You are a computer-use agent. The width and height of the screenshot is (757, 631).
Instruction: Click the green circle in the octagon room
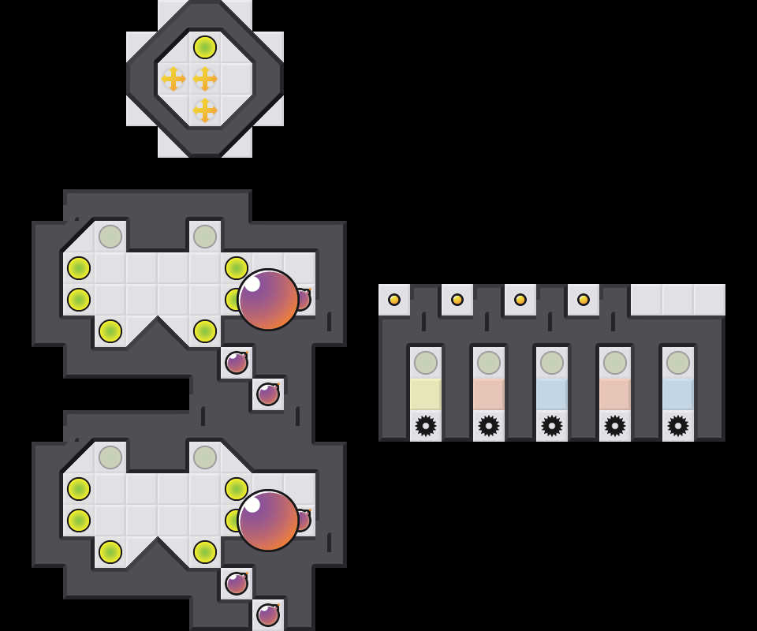[205, 47]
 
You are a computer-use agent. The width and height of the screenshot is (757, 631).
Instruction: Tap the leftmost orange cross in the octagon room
[173, 79]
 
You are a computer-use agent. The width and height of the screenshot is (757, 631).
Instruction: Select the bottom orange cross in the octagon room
[205, 110]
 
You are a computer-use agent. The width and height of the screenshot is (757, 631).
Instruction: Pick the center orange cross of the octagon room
[205, 79]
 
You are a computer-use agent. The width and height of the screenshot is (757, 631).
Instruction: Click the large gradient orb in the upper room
[268, 300]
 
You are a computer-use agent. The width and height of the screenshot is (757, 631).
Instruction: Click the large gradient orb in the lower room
[268, 521]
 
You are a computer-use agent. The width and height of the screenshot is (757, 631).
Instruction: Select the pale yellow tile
[426, 394]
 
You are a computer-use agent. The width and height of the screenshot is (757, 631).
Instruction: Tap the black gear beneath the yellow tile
[426, 426]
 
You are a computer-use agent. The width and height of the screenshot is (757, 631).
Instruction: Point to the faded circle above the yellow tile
[426, 363]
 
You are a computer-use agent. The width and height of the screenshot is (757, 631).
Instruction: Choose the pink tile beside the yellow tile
[489, 394]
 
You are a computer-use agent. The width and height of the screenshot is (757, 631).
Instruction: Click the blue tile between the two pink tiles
[552, 394]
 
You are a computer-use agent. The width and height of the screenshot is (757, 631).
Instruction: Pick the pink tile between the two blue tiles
[615, 394]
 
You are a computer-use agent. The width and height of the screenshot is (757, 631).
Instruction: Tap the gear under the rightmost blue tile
[678, 426]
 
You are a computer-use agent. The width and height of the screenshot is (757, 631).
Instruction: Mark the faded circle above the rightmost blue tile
[678, 363]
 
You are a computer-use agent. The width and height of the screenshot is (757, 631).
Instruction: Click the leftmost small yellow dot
[394, 300]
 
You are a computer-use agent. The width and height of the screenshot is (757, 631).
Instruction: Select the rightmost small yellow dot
[584, 300]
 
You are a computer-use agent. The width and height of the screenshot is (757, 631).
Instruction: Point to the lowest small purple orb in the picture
[268, 614]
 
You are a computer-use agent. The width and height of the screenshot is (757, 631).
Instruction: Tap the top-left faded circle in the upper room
[110, 237]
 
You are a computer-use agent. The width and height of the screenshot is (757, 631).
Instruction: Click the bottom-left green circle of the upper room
[110, 331]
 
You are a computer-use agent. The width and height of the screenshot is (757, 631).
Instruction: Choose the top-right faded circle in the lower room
[205, 457]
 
